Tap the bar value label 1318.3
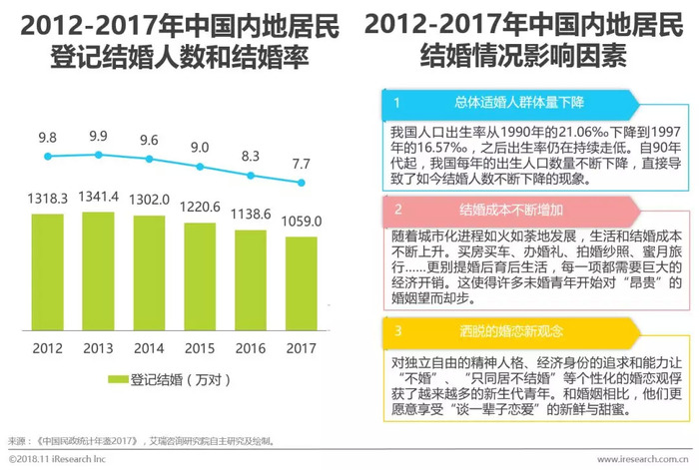(47, 200)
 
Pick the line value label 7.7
(301, 163)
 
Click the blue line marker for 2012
(47, 156)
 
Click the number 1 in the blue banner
(396, 103)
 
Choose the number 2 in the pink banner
(396, 211)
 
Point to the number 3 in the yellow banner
(396, 330)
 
